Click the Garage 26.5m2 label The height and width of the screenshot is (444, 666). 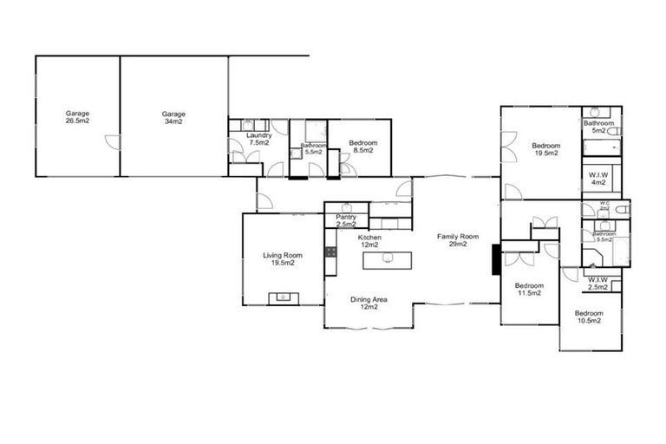78,117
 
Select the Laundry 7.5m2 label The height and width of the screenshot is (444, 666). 258,139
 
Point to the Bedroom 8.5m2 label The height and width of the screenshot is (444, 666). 362,147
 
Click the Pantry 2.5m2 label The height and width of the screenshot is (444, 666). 346,220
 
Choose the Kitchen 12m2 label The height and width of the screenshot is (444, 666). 370,240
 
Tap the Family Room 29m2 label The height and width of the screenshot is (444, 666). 458,240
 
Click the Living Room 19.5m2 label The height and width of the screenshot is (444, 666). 283,258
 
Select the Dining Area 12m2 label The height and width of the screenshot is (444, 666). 369,304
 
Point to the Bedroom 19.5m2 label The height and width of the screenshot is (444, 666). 545,149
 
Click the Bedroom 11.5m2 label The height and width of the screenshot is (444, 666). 528,290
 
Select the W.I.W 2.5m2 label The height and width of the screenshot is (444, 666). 597,284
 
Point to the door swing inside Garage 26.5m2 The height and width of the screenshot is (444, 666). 110,144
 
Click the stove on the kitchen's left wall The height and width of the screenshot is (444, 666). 330,252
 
